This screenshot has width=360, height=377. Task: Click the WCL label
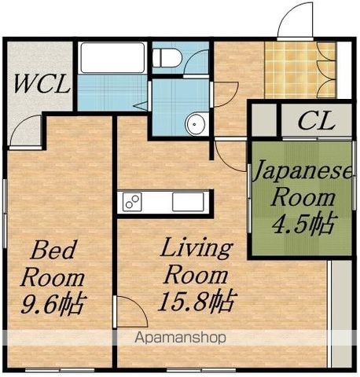pos(42,84)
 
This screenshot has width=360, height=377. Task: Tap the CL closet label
pos(317,121)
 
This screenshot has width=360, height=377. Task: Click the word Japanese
pos(303,170)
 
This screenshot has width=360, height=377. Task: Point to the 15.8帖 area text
pos(197,301)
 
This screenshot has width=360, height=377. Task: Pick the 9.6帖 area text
pos(53,303)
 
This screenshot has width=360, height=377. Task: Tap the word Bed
pos(53,250)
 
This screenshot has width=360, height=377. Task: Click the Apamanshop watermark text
pos(180,338)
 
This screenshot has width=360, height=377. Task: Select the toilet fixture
pos(167,57)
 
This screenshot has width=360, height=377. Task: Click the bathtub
pos(112,57)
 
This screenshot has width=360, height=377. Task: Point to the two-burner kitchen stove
pos(132,202)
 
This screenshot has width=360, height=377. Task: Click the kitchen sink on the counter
pos(188,202)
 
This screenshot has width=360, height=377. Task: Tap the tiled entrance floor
pos(300,70)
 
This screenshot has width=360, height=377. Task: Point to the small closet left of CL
pos(264,120)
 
